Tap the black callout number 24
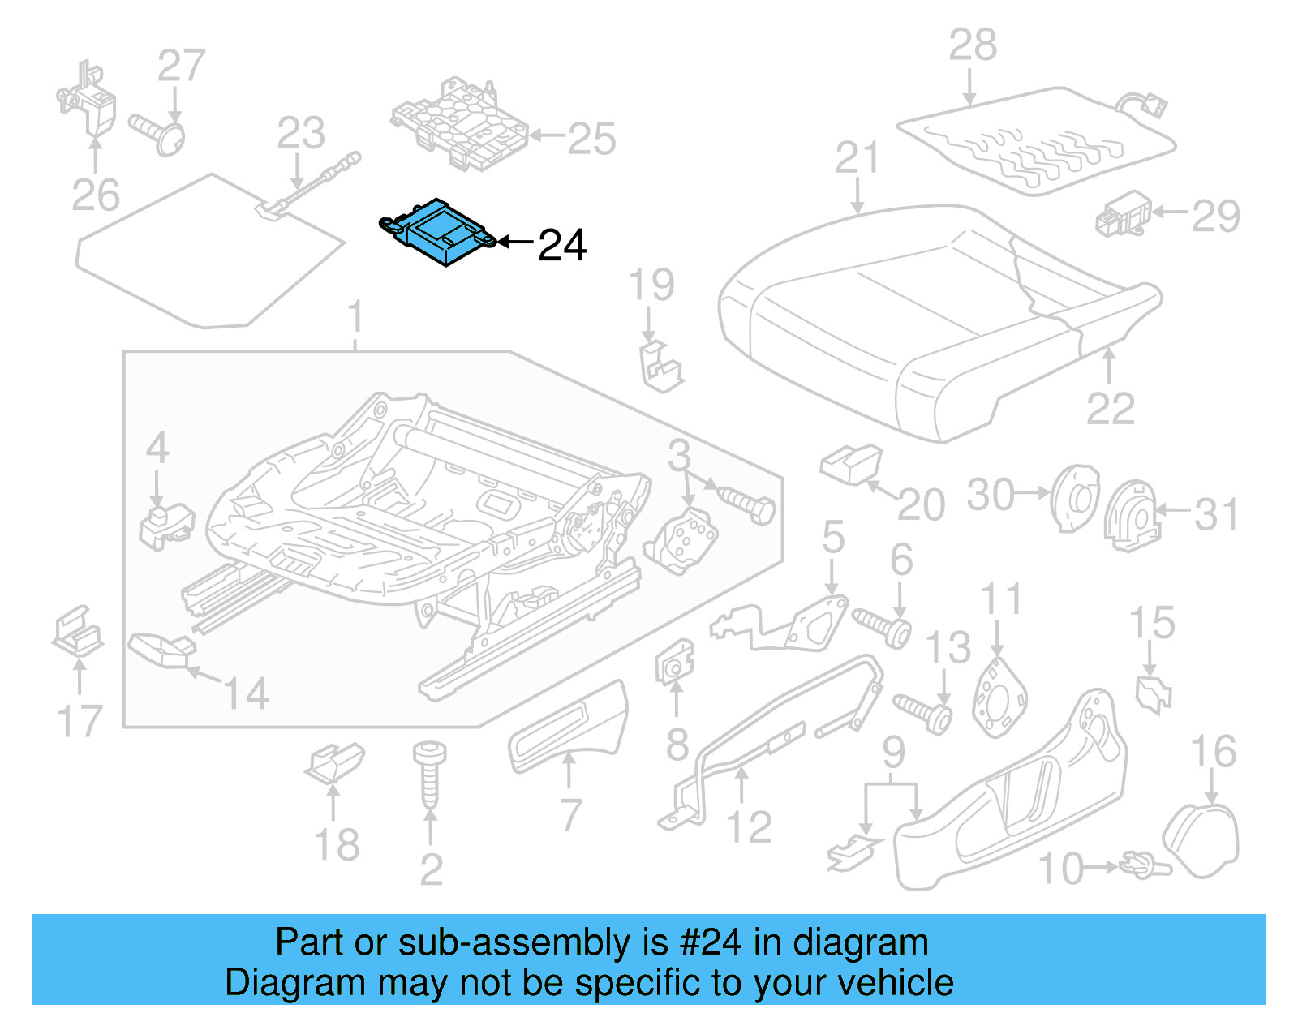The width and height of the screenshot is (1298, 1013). click(561, 245)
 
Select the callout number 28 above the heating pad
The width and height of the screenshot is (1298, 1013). click(972, 45)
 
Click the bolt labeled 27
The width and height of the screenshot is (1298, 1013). click(158, 135)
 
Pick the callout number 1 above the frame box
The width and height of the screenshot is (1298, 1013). click(355, 318)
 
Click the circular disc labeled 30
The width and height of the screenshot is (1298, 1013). click(1074, 497)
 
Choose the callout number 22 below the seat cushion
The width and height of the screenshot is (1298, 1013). click(1109, 409)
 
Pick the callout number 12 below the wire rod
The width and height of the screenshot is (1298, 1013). click(748, 827)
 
